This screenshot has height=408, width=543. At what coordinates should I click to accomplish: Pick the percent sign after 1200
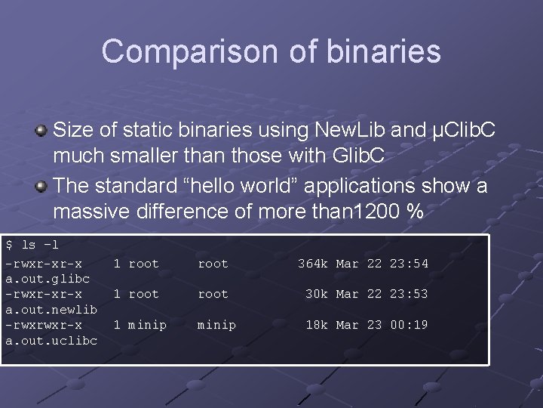click(x=414, y=212)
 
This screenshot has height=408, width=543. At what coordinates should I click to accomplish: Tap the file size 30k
click(x=317, y=294)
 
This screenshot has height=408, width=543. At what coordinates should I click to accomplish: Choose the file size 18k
click(x=317, y=325)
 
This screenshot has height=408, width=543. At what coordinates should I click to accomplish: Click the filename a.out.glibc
click(x=48, y=279)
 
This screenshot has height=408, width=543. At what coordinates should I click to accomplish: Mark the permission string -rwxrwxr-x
click(x=44, y=325)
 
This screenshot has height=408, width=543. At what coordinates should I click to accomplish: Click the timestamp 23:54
click(x=409, y=264)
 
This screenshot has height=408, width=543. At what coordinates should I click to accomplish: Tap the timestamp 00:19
click(x=409, y=325)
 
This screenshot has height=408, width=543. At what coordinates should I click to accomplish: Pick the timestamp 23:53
click(x=409, y=294)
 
